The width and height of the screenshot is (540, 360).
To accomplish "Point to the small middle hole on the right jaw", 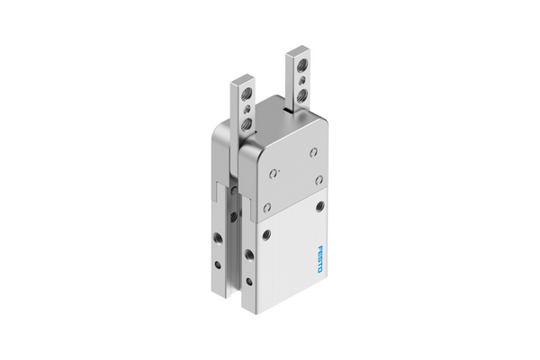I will (304, 79).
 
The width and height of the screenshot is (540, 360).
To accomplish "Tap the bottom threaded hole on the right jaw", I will (304, 93).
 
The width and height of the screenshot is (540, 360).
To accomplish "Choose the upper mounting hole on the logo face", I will (320, 205).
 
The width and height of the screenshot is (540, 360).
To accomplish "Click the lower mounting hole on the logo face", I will (265, 235).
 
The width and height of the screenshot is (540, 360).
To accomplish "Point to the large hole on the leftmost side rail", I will (217, 236).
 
